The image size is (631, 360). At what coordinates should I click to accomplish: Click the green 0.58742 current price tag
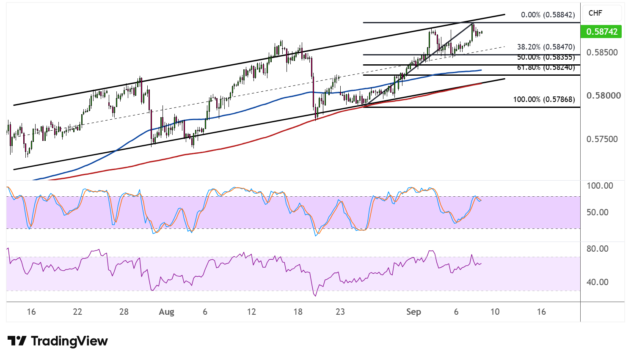601,32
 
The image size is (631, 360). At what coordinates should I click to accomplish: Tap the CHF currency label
595,13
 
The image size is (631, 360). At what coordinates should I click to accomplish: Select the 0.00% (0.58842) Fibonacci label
548,15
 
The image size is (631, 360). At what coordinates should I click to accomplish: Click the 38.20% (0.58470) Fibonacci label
546,47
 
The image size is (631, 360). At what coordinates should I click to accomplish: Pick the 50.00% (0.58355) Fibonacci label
546,57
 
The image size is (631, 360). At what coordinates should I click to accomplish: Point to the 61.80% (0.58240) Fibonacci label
546,67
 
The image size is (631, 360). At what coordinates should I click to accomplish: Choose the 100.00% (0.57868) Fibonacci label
544,99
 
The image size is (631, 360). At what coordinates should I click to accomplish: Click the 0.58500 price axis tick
602,52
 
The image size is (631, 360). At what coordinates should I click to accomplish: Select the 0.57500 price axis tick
602,139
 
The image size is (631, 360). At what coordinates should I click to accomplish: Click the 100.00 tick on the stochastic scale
600,186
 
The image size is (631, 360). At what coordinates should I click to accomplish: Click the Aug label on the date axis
166,312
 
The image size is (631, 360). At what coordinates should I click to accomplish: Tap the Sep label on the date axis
413,312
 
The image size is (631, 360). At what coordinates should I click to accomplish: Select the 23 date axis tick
340,312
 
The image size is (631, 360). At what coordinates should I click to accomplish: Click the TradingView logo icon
17,341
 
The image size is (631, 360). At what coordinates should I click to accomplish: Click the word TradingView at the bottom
69,341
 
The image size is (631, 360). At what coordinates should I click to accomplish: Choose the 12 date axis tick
251,312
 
